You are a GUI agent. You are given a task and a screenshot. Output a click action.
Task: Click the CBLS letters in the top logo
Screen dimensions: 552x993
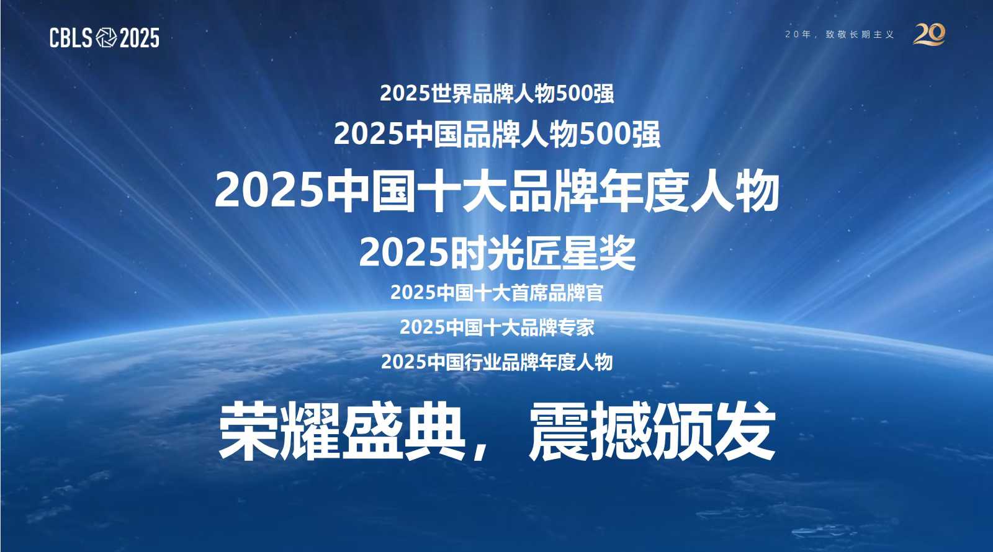pos(71,38)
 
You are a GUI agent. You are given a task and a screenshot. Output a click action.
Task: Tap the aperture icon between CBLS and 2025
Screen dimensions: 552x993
pos(106,38)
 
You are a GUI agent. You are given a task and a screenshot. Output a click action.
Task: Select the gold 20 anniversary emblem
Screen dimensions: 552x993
pos(929,34)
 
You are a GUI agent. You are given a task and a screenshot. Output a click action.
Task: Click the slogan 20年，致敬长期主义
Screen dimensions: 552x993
pos(839,35)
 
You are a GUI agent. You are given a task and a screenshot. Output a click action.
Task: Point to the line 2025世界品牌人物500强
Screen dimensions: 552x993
pos(496,94)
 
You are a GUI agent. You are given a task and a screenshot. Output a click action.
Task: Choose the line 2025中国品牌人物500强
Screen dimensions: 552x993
pos(496,134)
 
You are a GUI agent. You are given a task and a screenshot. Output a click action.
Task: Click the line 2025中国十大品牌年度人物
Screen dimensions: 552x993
pos(496,191)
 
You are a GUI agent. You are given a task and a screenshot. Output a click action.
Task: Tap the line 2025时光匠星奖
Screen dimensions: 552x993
pos(496,253)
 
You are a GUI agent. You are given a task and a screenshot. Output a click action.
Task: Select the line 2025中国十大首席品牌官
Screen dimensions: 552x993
pos(496,293)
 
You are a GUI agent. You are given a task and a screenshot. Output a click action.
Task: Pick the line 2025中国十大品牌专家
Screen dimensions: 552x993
pos(496,327)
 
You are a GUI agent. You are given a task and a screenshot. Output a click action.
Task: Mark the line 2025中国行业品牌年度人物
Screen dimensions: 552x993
pos(496,362)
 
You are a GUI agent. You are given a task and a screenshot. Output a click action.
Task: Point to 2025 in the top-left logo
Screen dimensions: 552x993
pos(139,38)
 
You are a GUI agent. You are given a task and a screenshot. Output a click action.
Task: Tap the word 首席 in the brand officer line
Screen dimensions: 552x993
pos(529,293)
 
